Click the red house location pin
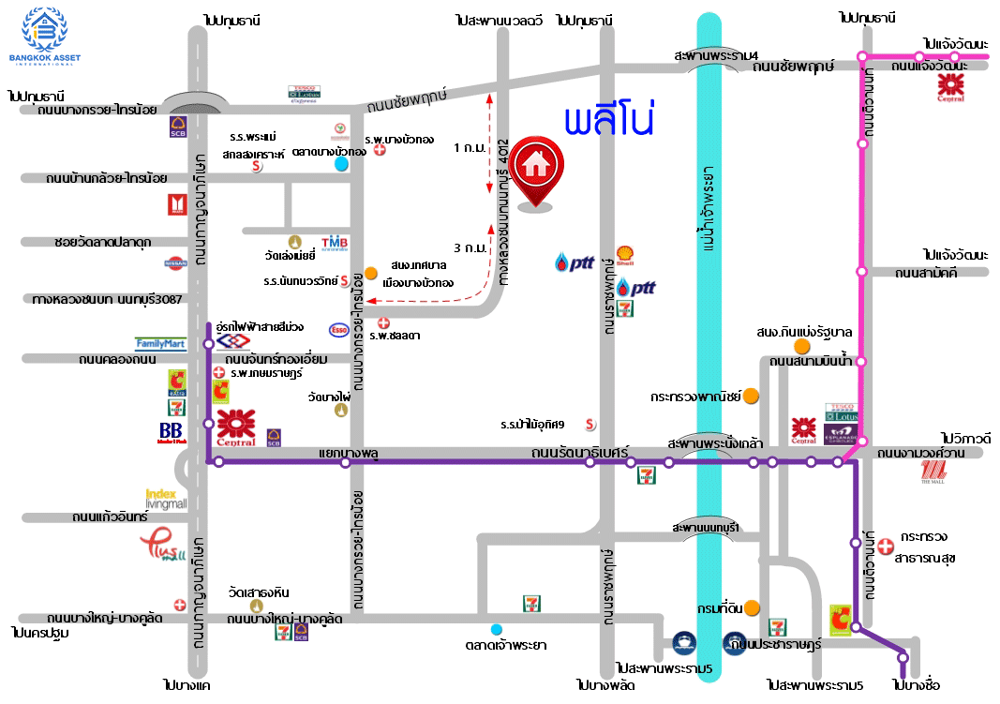[535, 170]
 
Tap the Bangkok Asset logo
[44, 37]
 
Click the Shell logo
[625, 254]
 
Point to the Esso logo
[338, 329]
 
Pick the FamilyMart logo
[160, 344]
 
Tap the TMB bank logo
[335, 244]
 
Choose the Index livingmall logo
[166, 498]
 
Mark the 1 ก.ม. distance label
[469, 148]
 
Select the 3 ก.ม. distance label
[469, 248]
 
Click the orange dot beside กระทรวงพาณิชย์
[751, 396]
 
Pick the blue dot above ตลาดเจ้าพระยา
[496, 628]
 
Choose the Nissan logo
[176, 264]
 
